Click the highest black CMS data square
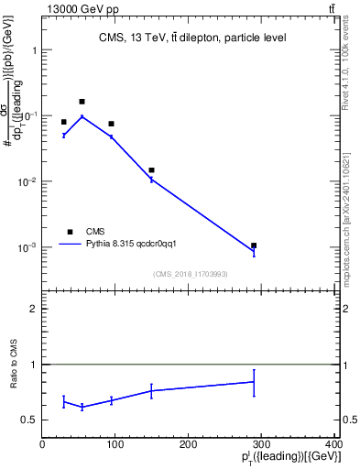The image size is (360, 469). [x=82, y=102]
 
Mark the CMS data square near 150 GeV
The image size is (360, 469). [x=151, y=170]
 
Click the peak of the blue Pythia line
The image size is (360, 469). [x=82, y=116]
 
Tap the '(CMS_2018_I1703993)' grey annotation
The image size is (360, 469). [x=191, y=274]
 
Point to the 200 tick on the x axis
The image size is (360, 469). [x=188, y=444]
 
